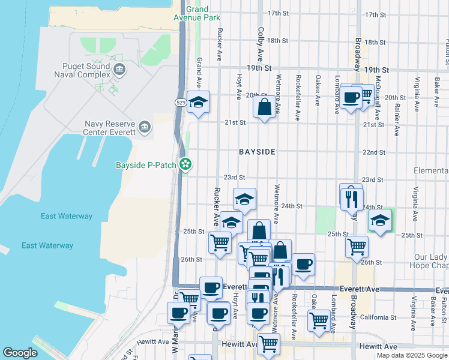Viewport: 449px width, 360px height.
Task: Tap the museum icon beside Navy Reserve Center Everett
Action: [144, 127]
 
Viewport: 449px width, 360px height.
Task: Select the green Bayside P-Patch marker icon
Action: [186, 164]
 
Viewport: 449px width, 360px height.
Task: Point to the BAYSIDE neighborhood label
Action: [257, 152]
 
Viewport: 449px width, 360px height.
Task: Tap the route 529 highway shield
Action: [181, 103]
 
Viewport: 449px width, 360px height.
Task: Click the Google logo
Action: [20, 353]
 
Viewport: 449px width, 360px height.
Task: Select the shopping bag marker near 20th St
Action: [264, 108]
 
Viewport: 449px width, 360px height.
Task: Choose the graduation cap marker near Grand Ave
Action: [198, 103]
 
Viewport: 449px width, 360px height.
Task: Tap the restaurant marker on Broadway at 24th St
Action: [352, 198]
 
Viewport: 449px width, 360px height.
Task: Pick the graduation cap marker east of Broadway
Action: [379, 220]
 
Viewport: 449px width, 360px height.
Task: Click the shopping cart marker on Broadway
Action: [357, 247]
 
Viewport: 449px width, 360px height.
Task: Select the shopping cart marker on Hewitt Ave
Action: [268, 344]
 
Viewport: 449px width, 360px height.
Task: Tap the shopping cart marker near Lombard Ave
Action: [319, 320]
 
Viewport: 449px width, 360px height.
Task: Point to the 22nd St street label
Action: [373, 152]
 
